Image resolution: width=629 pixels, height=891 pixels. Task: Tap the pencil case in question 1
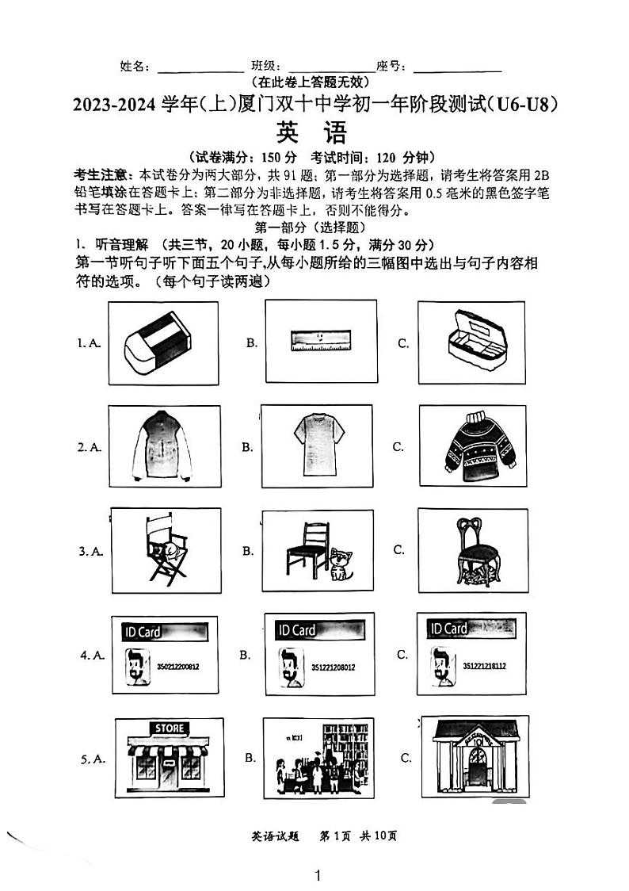471,338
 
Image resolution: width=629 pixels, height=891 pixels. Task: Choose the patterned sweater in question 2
471,445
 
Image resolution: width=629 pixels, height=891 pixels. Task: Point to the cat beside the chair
342,564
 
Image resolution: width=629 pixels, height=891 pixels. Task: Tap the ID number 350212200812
178,667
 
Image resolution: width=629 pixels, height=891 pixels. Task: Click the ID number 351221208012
333,667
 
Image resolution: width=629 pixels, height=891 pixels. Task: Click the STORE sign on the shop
169,728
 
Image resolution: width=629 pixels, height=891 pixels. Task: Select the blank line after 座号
457,67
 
